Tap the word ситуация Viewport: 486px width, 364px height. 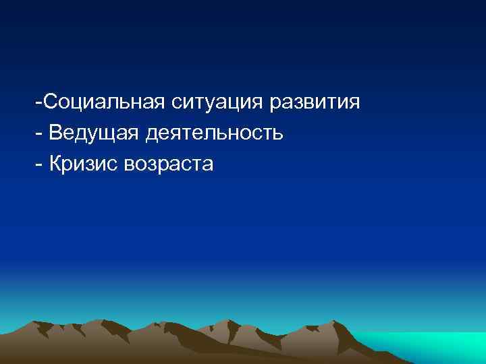coord(221,103)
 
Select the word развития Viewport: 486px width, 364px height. coord(315,103)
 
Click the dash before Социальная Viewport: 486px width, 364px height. coord(40,104)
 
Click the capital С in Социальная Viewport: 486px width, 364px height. coord(50,103)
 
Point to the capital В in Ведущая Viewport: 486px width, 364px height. coord(57,133)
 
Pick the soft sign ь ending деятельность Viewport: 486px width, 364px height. coord(277,133)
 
